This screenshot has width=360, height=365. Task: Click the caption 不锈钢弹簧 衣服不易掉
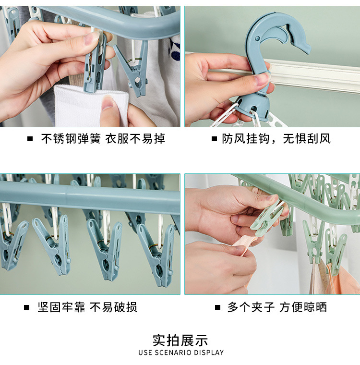[x=103, y=139]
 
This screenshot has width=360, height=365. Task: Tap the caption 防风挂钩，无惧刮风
[x=276, y=139]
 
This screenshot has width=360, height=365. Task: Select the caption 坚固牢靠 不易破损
[x=87, y=307]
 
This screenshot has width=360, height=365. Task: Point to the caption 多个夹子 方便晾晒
[x=277, y=307]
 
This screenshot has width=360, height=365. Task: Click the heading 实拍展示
[x=180, y=341]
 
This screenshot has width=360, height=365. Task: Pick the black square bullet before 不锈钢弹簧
[x=30, y=140]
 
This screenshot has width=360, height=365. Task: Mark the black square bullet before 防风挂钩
[x=214, y=140]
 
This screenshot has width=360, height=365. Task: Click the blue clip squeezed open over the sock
[x=95, y=62]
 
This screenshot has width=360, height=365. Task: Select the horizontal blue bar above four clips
[x=90, y=198]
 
